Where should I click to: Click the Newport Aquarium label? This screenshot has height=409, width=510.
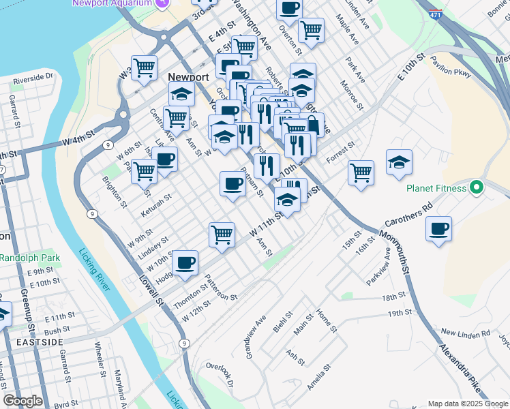(x=112, y=2)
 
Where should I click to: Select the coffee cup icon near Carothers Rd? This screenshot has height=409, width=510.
(x=439, y=228)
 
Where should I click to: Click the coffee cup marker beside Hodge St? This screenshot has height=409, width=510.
(x=185, y=263)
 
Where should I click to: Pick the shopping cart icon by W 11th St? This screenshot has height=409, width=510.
(x=222, y=234)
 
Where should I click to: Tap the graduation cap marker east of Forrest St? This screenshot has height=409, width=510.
(x=399, y=162)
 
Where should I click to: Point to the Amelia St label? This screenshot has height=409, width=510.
(x=318, y=376)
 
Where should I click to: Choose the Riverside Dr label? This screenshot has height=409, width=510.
(x=33, y=78)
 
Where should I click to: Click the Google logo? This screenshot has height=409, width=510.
(x=22, y=401)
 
